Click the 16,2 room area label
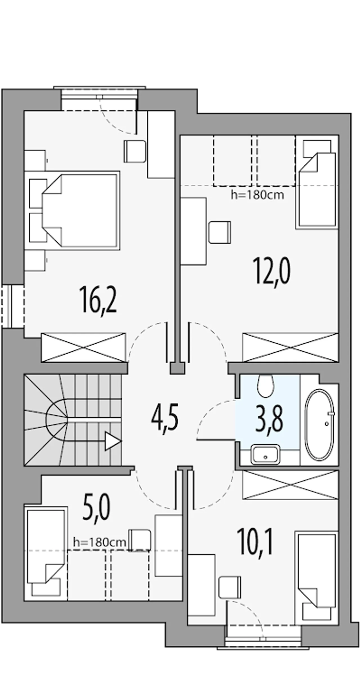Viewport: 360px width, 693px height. [98, 300]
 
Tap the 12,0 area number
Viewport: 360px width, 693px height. [272, 272]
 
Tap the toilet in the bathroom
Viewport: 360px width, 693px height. [265, 386]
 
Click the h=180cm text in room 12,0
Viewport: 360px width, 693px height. [257, 195]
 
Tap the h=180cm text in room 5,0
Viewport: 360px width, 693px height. [100, 542]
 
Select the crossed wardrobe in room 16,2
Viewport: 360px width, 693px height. [84, 347]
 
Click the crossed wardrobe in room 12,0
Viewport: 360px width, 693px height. [290, 347]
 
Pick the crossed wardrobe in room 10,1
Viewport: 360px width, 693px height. [290, 485]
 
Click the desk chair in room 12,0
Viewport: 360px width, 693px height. [220, 232]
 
